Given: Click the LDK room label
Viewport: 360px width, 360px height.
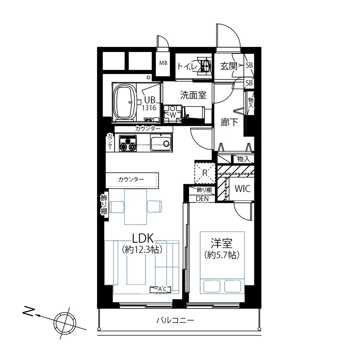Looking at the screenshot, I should click(143, 237).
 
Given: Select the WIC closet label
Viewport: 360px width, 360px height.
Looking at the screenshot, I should click(243, 189).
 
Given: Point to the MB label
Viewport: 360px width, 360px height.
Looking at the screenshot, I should click(163, 63).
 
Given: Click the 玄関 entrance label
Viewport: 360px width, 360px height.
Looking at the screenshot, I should click(229, 66).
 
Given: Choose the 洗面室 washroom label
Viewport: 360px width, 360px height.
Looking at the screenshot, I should click(193, 94).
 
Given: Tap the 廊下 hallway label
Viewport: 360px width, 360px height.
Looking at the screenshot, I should click(229, 123).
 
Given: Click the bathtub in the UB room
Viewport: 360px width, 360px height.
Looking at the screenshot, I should click(124, 102).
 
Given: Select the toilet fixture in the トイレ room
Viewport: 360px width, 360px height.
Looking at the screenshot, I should click(204, 66).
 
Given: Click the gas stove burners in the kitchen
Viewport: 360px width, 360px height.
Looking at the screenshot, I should click(128, 144).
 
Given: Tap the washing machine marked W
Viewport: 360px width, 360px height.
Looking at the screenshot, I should click(172, 115).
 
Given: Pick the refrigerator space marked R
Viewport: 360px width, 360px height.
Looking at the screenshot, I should click(204, 172).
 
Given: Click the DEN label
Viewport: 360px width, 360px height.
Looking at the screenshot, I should click(202, 199).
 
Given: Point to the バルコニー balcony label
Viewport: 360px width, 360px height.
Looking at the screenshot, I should click(175, 321).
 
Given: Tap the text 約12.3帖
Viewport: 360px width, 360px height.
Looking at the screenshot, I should click(142, 250).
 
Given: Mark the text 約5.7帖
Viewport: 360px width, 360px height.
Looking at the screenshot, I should click(221, 255).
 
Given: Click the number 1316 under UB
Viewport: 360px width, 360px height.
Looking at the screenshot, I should click(149, 108).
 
